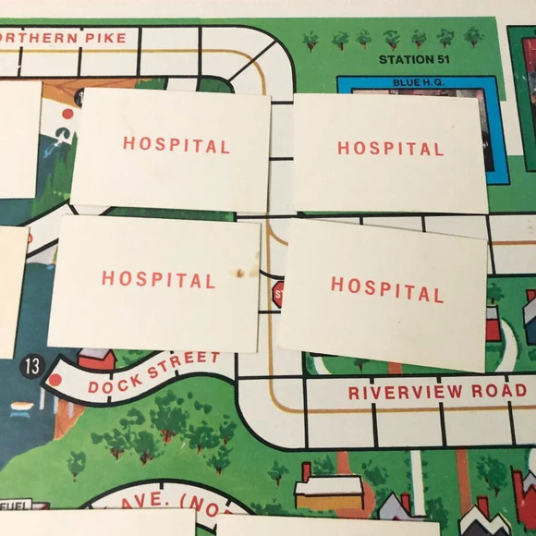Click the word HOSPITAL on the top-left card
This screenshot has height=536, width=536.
coord(177,145)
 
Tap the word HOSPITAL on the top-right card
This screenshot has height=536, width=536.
coord(390,148)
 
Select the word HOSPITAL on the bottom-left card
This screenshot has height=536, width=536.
coord(158,278)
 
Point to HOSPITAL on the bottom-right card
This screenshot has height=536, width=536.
coord(387,289)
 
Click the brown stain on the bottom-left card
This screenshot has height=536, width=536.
coord(240,274)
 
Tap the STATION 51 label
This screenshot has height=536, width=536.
coord(418,60)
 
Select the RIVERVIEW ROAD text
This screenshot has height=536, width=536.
coord(437,392)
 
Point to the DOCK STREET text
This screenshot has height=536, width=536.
coord(154,372)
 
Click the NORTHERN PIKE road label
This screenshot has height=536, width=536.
coord(63,38)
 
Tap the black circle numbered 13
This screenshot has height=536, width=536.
coord(31,366)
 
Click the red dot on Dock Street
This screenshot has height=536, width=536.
coord(55,379)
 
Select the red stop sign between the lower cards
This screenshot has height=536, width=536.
coord(277,295)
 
